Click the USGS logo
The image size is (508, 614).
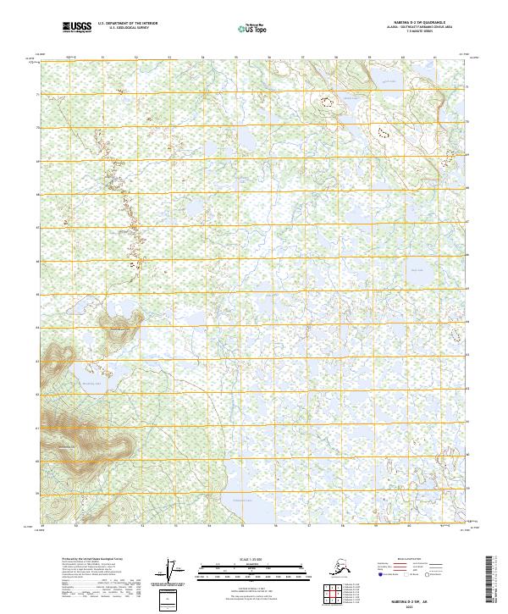coord(78,28)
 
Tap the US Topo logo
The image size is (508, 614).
coord(251,28)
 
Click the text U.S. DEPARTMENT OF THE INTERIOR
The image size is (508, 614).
coord(126,25)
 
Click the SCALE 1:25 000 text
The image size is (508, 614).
coord(251,560)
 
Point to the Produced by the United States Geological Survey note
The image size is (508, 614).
coord(93,560)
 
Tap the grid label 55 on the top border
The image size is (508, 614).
coord(236,58)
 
